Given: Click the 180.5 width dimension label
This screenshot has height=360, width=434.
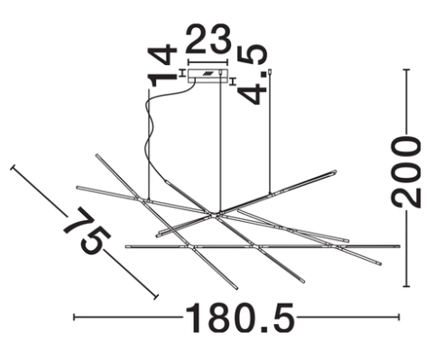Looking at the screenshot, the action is pyautogui.click(x=240, y=318).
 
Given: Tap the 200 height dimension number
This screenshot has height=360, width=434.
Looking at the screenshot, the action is pyautogui.click(x=406, y=171).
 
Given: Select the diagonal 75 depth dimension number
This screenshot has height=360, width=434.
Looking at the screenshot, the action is pyautogui.click(x=87, y=231).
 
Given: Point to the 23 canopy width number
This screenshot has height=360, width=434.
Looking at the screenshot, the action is pyautogui.click(x=208, y=39).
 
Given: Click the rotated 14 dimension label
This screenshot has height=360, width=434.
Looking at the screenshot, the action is pyautogui.click(x=162, y=65).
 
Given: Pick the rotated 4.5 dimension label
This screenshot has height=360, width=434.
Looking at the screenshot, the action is pyautogui.click(x=252, y=75).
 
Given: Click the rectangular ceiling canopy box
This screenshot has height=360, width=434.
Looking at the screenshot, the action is pyautogui.click(x=208, y=76).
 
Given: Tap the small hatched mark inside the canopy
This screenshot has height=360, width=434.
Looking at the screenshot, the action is pyautogui.click(x=208, y=73).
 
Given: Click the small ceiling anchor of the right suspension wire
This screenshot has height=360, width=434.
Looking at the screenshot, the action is pyautogui.click(x=271, y=71).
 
